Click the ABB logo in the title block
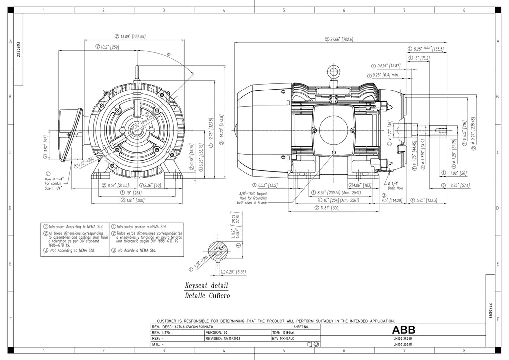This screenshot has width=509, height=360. (403, 330)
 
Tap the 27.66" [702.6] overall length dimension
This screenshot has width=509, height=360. (340, 39)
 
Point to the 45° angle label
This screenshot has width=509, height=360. (170, 55)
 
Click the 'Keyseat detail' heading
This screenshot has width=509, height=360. (206, 286)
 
